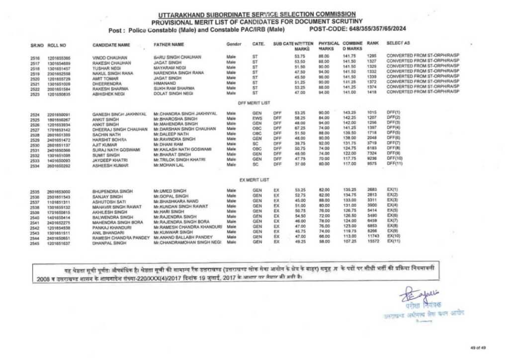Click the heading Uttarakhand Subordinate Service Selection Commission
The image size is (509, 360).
[257, 14]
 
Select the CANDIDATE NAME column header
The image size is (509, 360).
[111, 45]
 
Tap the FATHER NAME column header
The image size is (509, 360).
[169, 45]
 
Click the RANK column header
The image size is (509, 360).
[372, 44]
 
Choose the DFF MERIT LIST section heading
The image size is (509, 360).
[254, 102]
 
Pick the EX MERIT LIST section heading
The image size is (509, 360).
[254, 179]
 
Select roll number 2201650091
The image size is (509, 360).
[59, 114]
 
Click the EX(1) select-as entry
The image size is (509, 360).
[393, 191]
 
